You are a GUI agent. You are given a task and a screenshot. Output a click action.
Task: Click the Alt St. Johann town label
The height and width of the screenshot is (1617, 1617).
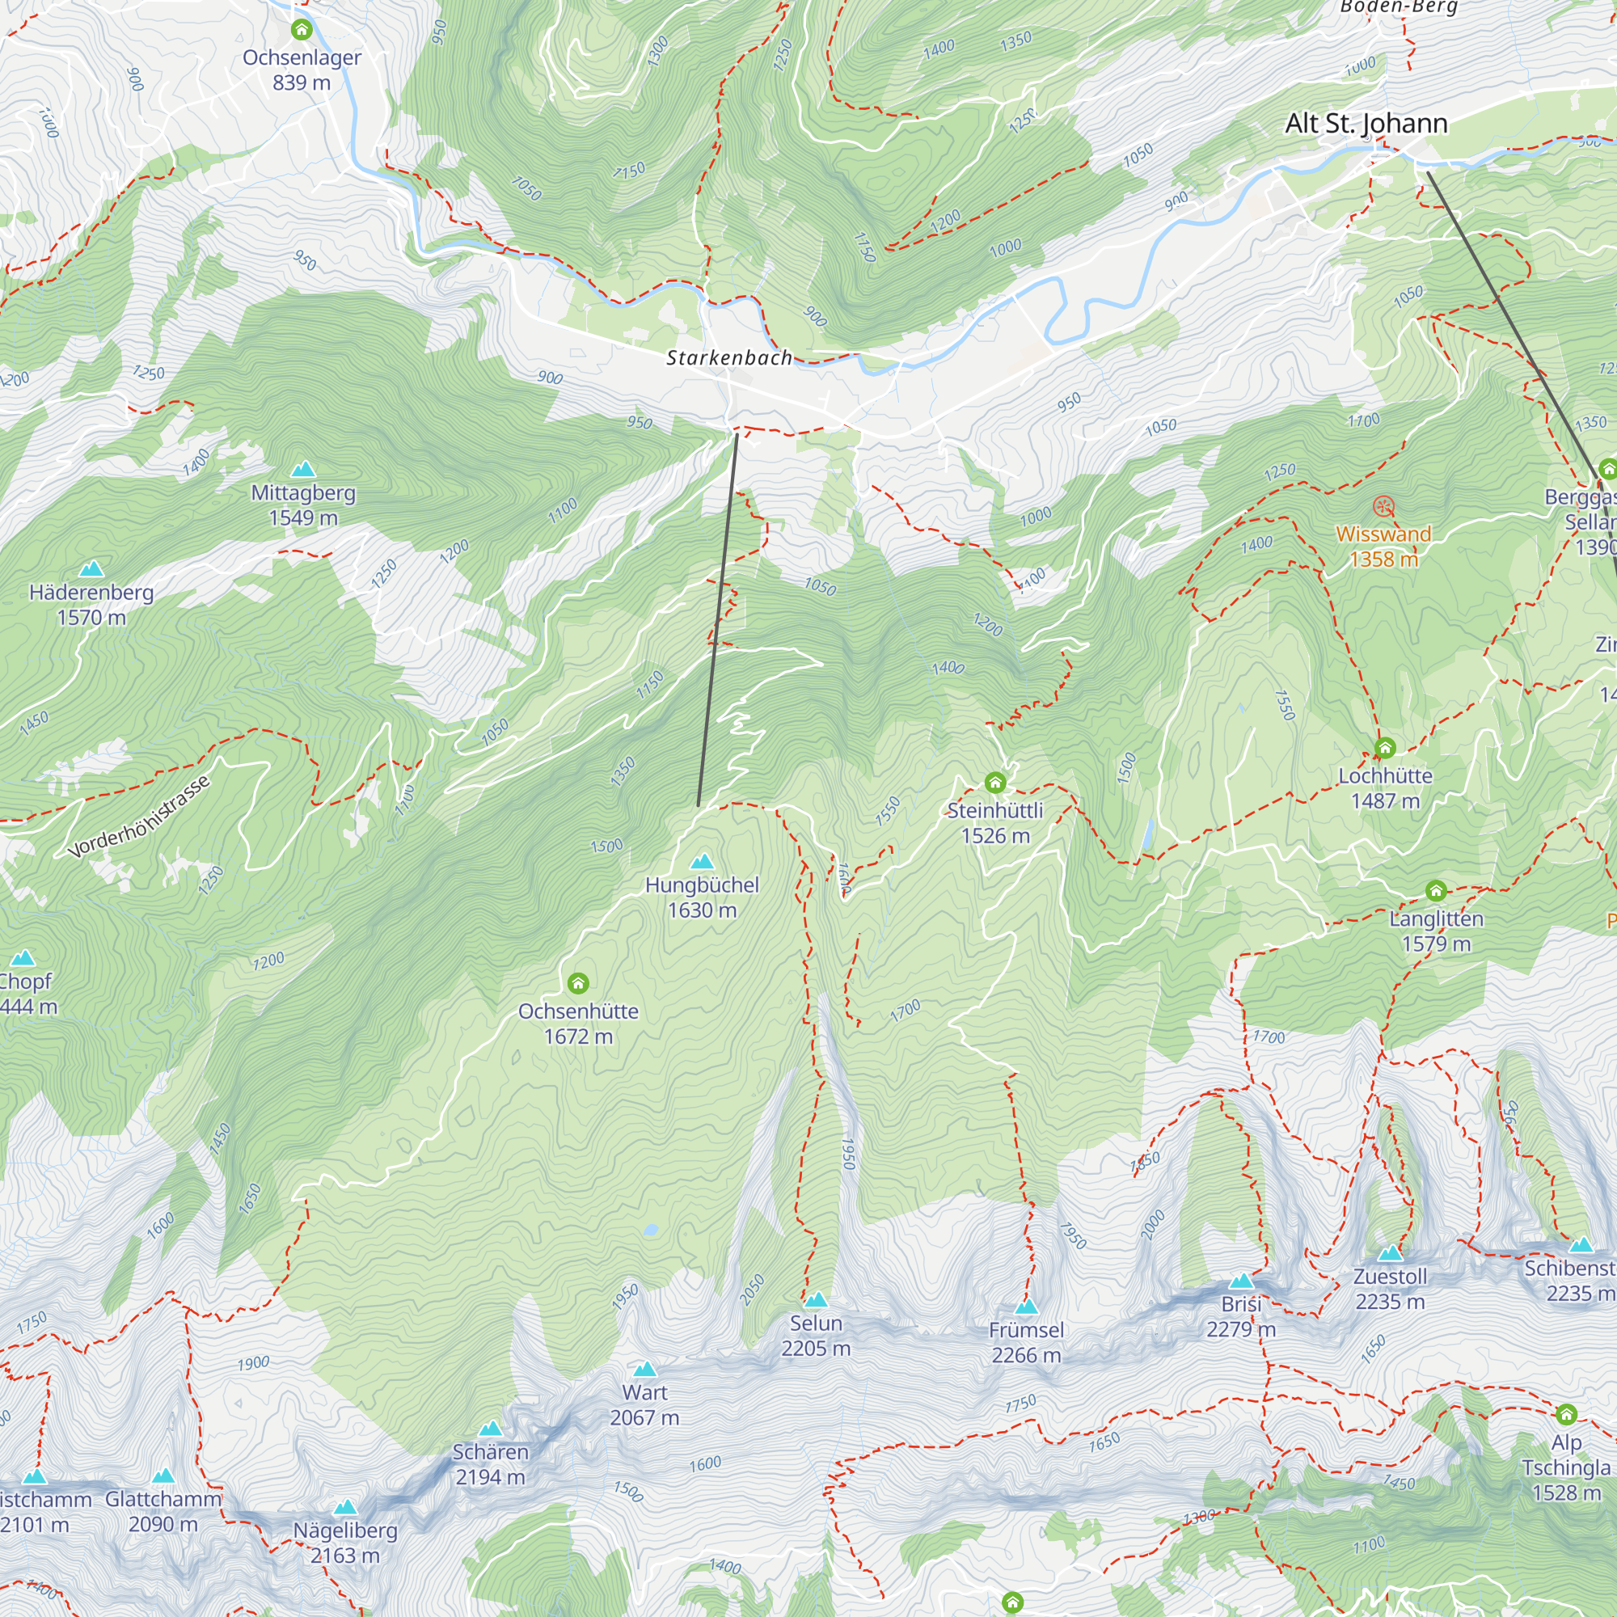(1366, 123)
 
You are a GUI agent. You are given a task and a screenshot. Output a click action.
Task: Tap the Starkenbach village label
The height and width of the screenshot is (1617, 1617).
(728, 358)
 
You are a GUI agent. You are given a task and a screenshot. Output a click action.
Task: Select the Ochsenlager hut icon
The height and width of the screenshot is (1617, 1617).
(302, 30)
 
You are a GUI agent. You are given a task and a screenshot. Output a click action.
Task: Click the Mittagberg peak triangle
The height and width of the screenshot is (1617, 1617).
(303, 469)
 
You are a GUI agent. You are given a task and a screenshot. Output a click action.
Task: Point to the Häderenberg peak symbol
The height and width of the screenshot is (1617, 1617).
(91, 569)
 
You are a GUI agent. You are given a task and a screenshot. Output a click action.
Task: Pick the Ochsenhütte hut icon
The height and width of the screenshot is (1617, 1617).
(577, 982)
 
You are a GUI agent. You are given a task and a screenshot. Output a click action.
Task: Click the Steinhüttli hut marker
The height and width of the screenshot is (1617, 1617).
(994, 783)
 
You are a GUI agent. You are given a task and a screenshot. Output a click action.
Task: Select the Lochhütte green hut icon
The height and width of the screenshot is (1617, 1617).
(1384, 747)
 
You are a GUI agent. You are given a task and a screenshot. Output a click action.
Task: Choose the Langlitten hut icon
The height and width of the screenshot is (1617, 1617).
(1435, 890)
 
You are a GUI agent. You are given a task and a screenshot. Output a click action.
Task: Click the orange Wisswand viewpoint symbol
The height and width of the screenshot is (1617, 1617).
(1383, 506)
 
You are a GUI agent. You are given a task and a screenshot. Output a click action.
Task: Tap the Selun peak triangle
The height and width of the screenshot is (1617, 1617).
(815, 1300)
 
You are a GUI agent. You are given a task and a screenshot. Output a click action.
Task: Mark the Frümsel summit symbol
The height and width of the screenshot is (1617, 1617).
(1026, 1307)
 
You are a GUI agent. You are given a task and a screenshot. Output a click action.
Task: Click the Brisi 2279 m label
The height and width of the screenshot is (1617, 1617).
(1240, 1316)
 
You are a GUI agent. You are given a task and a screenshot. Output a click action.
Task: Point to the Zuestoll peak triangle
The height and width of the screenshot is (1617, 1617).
(1389, 1254)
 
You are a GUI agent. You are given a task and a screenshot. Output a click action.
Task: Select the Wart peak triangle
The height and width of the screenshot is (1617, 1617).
(644, 1370)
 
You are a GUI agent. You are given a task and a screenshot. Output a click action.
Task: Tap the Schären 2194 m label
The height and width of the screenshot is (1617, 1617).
(490, 1465)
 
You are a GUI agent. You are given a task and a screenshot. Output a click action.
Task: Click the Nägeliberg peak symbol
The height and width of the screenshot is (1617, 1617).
(345, 1507)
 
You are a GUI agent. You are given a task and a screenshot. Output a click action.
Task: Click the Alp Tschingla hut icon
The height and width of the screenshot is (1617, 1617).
(1566, 1414)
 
